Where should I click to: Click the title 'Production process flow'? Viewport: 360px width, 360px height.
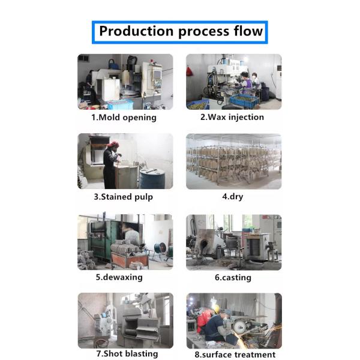[180, 32]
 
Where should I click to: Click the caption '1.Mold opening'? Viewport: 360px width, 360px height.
[124, 118]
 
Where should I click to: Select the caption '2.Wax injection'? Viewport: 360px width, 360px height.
[232, 118]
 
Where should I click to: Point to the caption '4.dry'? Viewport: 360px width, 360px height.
[232, 197]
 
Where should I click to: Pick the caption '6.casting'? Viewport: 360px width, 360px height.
[232, 278]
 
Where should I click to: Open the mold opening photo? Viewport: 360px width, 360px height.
[125, 82]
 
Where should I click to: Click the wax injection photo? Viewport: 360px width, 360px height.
[233, 82]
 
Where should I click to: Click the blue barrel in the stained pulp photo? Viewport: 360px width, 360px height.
[152, 178]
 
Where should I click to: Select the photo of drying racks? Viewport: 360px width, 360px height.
[233, 161]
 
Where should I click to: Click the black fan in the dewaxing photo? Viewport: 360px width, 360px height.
[160, 248]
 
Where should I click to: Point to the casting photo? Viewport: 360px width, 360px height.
[233, 242]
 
